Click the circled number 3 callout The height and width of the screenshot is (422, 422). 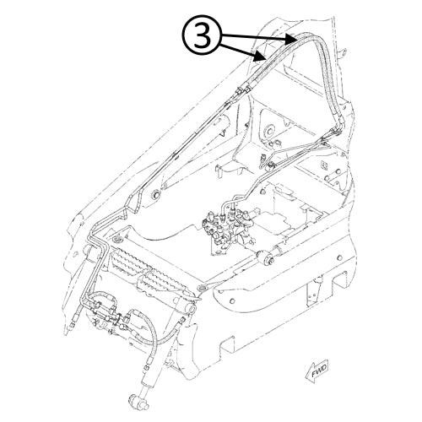point(203,36)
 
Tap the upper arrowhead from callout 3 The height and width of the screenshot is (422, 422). point(290,39)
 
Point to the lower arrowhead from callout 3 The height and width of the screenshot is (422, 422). point(259,57)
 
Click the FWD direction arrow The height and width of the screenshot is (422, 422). point(316,371)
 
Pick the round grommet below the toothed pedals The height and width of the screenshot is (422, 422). point(202,288)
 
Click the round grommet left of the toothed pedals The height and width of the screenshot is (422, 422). point(116,240)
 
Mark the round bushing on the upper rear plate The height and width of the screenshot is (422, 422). point(269,131)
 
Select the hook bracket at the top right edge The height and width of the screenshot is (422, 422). point(344,53)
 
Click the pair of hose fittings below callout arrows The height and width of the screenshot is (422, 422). point(243,89)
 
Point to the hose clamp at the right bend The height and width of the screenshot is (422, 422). point(335,131)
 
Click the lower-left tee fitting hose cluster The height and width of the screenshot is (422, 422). point(107,312)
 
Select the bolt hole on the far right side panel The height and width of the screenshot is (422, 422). point(339,257)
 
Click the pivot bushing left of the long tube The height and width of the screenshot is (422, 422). point(155,195)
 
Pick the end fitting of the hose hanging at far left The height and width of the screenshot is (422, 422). point(72,326)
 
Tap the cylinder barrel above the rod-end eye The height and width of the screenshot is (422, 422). point(151,380)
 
